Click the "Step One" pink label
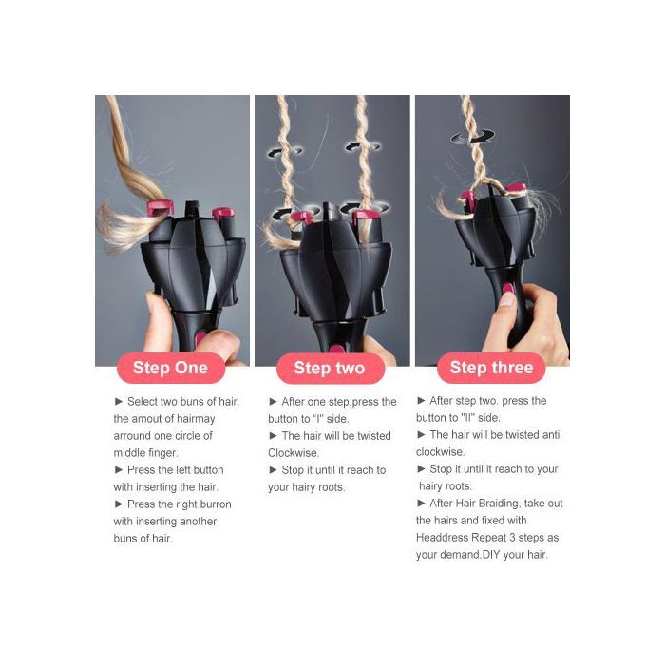[x=170, y=368]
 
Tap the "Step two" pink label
[x=331, y=369]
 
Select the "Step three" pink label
[x=491, y=368]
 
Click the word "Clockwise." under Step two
[x=293, y=453]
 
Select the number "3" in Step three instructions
[x=512, y=538]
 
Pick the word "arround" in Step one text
[x=131, y=436]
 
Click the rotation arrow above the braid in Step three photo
[x=472, y=137]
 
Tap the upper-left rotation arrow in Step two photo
[x=285, y=151]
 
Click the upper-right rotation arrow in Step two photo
[x=363, y=147]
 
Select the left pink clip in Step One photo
[x=160, y=207]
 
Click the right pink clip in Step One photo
[x=221, y=213]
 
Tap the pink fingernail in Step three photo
[x=507, y=290]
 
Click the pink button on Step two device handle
[x=336, y=350]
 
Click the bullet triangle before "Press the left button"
[x=119, y=469]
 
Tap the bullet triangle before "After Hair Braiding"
[x=421, y=503]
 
